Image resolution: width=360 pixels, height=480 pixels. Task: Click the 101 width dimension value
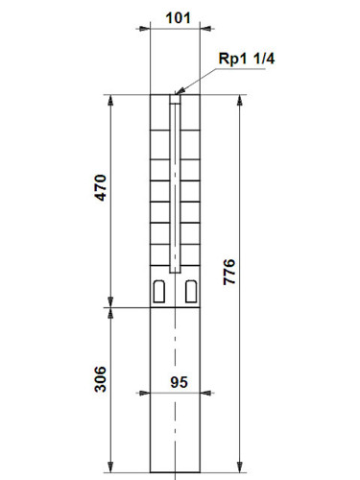(x=178, y=18)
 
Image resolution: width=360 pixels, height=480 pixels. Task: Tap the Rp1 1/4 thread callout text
(x=247, y=59)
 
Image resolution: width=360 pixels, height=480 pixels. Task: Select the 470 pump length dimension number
(x=100, y=188)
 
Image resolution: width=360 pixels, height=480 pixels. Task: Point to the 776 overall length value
(x=229, y=272)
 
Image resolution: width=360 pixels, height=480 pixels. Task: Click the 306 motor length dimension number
(x=100, y=379)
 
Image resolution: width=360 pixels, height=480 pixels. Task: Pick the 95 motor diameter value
(x=179, y=382)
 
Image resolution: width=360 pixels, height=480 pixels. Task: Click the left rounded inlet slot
(x=159, y=291)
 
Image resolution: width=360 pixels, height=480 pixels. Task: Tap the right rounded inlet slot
(x=191, y=291)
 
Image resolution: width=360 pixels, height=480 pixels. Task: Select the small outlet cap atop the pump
(x=175, y=99)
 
